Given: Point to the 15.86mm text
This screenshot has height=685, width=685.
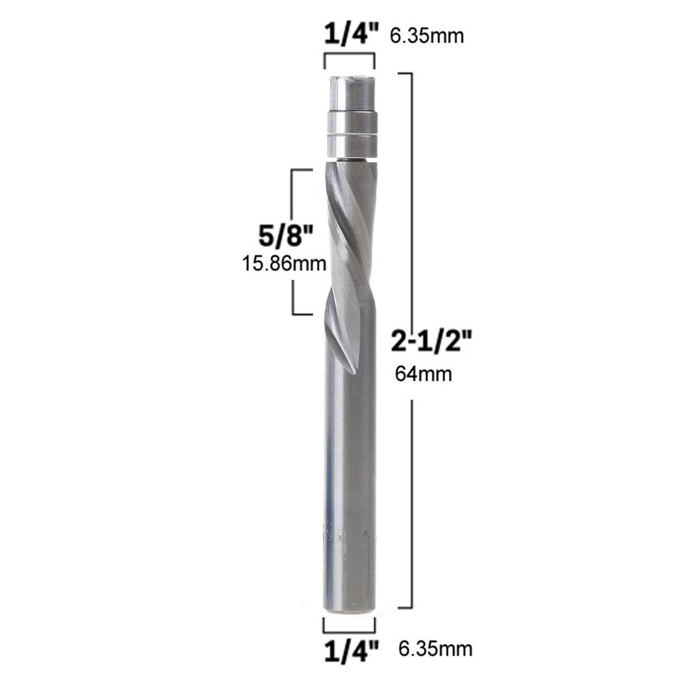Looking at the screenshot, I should (x=284, y=264).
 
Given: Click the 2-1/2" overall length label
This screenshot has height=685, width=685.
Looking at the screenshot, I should (x=433, y=343).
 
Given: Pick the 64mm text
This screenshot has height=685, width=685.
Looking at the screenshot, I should (x=423, y=373).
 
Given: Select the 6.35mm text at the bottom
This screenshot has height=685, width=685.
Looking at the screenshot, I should (x=435, y=648).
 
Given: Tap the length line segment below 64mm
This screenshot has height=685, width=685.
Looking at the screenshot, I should (x=410, y=502).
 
